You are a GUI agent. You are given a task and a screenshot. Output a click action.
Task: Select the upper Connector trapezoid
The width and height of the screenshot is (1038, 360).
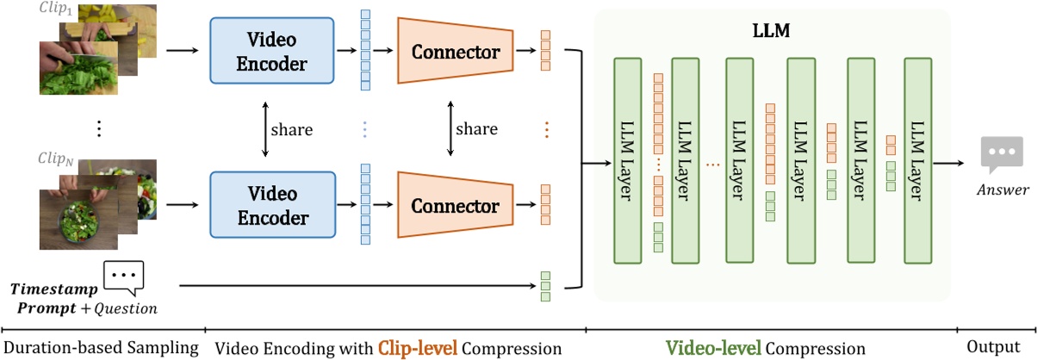click(455, 52)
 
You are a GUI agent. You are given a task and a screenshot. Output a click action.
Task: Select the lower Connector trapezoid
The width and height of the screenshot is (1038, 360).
click(455, 206)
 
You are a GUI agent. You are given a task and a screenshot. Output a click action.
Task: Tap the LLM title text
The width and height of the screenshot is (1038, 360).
click(773, 31)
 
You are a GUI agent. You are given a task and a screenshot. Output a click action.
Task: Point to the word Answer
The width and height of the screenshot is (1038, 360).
click(1002, 189)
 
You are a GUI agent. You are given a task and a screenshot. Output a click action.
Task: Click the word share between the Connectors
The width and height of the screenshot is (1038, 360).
click(476, 129)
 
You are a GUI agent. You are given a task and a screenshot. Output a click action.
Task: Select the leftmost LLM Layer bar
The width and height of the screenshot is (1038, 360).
click(627, 160)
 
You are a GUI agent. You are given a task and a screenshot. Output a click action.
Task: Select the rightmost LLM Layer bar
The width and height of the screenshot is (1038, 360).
click(918, 160)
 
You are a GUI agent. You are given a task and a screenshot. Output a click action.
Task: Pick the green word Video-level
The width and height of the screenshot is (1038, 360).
click(714, 348)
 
